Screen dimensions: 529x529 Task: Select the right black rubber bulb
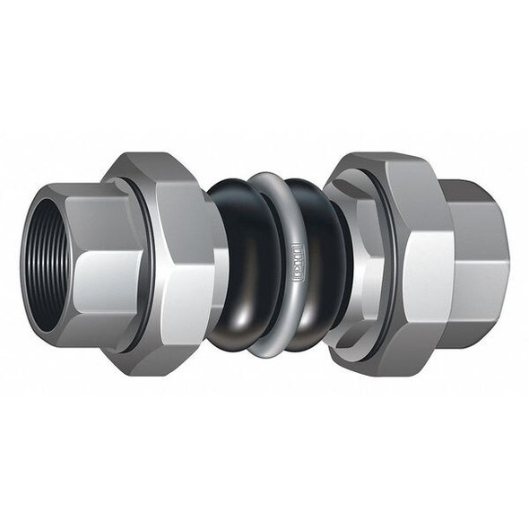click(316, 269)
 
